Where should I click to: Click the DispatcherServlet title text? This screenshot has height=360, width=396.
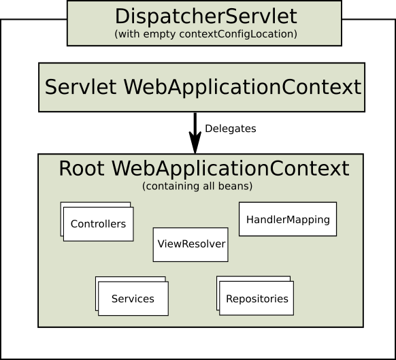click(x=204, y=16)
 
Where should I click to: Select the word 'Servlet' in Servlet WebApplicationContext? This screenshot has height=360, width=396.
click(x=80, y=87)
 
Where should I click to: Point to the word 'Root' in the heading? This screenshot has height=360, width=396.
click(x=81, y=169)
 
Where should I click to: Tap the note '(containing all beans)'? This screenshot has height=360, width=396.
click(x=197, y=186)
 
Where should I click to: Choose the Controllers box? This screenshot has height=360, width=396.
click(x=98, y=223)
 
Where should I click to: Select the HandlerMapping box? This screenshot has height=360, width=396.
click(x=288, y=219)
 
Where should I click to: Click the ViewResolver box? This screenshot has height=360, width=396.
click(x=191, y=244)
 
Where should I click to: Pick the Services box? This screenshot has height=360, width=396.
click(x=133, y=298)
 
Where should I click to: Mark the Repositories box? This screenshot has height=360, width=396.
click(x=257, y=298)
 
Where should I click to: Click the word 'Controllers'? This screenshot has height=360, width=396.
click(x=98, y=224)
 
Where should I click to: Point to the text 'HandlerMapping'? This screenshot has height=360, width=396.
click(x=288, y=220)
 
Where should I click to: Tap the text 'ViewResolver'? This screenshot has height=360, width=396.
click(x=191, y=244)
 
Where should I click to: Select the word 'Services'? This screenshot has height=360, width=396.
click(x=133, y=299)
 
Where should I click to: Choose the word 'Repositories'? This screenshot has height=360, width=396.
click(x=257, y=299)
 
